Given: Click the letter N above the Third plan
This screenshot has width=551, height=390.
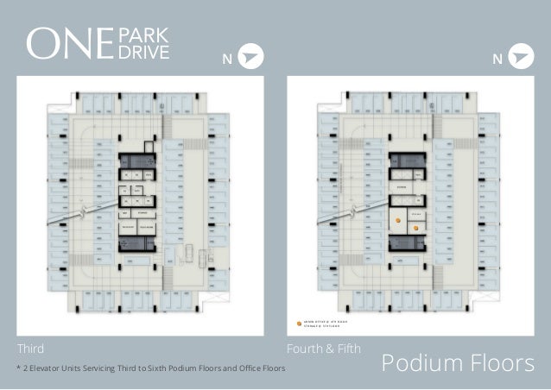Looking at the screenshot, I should click(228, 59).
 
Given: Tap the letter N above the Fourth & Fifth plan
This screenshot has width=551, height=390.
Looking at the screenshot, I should click(497, 59).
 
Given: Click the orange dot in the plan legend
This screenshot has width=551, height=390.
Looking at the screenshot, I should click(300, 324).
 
